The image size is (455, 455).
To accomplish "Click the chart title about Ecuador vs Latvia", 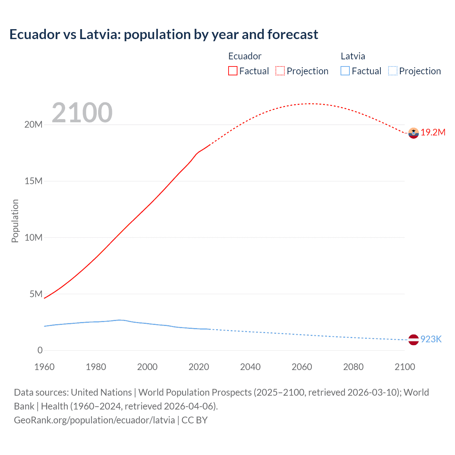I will [164, 34].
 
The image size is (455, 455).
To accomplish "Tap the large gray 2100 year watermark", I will [82, 113].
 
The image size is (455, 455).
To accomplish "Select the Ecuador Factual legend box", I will [232, 71].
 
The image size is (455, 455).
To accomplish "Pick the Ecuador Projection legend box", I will [280, 71].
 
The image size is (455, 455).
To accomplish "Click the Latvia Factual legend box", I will [345, 71].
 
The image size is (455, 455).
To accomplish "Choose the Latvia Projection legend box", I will [392, 71].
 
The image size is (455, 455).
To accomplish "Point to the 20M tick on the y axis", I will [33, 125].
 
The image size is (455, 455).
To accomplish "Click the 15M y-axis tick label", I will [33, 181].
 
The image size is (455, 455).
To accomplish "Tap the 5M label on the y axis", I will [36, 294].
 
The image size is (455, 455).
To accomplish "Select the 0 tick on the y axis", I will [40, 350].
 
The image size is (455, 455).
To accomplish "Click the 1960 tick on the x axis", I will [44, 367].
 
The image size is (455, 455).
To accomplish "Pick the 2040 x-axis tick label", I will [250, 367].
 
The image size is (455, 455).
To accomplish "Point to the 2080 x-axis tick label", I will [353, 367].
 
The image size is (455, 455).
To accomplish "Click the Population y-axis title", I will [15, 221].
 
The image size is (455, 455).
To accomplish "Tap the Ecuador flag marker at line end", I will [413, 133].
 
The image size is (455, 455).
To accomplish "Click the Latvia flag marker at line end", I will [413, 340].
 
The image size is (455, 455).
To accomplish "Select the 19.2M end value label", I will [433, 133].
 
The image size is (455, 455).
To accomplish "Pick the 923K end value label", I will [431, 339].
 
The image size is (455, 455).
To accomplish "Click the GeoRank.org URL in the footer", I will [94, 420].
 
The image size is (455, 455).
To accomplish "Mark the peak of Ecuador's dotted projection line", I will [310, 104].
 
